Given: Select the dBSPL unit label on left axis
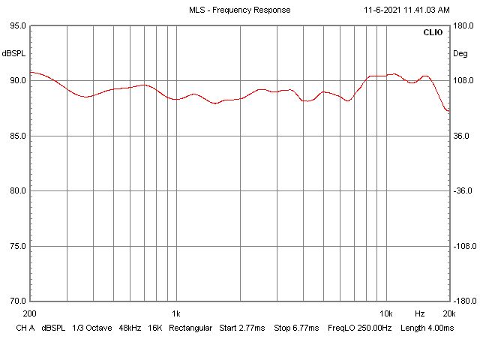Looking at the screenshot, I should [13, 53].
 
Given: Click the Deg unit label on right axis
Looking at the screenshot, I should [460, 53].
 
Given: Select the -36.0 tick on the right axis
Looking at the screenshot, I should [461, 190].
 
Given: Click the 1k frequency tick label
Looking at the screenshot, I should [176, 313].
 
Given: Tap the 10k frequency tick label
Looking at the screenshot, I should [386, 313].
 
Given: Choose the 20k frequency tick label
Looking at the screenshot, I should [448, 313].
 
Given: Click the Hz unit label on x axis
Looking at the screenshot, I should [419, 313].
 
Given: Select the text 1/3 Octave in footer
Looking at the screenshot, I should [89, 328].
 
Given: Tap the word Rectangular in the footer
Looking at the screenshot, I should [190, 328].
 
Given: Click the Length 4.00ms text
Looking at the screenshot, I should [427, 328].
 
